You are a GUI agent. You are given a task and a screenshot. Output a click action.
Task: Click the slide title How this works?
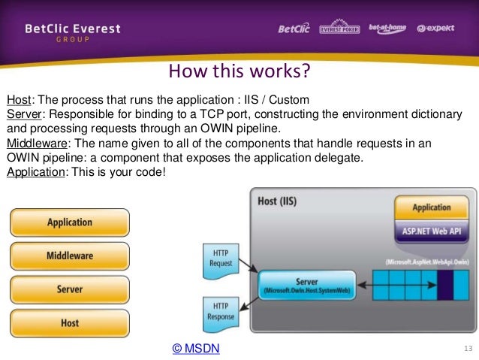(239, 73)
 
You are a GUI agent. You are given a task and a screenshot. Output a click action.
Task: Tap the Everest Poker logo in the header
(339, 29)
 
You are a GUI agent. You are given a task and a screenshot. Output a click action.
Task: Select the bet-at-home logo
(387, 29)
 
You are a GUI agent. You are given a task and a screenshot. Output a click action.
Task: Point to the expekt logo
(436, 29)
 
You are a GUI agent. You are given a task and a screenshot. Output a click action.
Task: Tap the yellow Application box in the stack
(70, 222)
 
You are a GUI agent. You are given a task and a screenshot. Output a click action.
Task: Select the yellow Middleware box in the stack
(70, 256)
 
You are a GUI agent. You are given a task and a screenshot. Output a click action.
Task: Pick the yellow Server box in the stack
(70, 289)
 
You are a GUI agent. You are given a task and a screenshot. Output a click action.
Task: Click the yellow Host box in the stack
(70, 322)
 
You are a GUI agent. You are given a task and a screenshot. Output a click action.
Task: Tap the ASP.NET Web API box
(431, 231)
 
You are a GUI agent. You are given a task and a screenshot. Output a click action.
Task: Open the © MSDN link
(196, 349)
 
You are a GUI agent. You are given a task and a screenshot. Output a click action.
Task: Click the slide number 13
(469, 348)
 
